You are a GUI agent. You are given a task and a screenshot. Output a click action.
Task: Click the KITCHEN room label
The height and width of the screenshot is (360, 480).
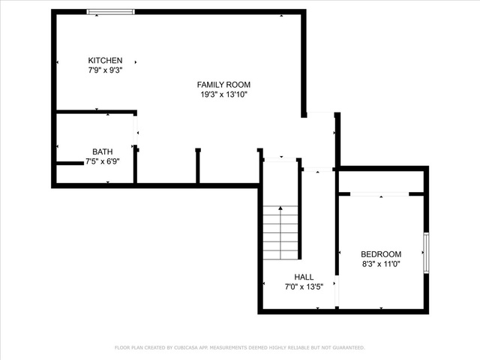(105, 60)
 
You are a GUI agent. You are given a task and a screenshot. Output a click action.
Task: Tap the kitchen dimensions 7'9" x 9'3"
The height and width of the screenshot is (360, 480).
(105, 70)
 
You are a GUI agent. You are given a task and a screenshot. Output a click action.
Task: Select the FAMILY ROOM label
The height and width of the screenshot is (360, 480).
(223, 85)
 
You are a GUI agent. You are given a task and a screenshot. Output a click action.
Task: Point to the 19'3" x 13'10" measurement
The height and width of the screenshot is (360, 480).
(223, 94)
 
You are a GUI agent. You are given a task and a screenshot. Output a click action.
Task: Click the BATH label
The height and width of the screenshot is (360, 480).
(102, 151)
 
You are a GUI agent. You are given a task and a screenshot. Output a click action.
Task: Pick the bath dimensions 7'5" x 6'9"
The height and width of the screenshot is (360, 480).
(102, 161)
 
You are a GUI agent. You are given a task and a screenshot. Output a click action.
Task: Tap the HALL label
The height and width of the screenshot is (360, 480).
(304, 277)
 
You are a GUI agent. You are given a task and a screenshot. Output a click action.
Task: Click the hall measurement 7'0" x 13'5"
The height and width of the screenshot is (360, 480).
(304, 286)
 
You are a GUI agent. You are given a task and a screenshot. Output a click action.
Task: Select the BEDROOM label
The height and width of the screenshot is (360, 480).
(381, 254)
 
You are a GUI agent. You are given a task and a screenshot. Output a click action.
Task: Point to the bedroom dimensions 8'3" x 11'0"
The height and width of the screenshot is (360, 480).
(381, 264)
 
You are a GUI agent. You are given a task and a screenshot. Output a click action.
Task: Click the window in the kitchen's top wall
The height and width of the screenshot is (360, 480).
(110, 12)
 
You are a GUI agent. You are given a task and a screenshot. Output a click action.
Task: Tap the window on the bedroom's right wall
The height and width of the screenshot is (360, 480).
(426, 253)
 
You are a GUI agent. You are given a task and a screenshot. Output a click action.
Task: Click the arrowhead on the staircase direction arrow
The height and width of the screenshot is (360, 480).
(280, 208)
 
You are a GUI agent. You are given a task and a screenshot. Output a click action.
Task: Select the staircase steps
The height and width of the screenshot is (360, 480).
(280, 232)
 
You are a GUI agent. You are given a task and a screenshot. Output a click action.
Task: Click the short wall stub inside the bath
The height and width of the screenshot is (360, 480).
(70, 163)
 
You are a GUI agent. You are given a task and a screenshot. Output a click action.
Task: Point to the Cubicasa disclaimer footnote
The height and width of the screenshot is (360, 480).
(240, 348)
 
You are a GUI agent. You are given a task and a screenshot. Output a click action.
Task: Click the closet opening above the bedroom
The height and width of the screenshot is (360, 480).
(379, 194)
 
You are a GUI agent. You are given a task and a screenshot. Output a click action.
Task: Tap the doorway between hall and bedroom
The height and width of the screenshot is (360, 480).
(337, 291)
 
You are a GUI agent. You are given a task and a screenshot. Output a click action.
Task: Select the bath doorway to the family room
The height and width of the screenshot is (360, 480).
(135, 130)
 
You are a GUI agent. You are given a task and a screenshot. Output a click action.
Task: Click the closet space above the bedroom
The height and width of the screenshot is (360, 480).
(381, 181)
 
